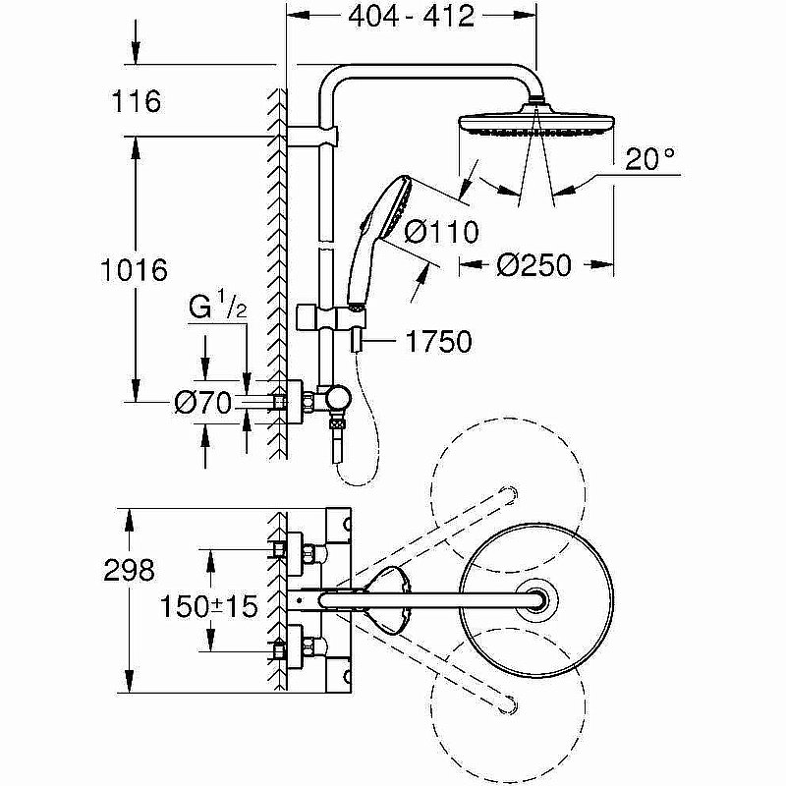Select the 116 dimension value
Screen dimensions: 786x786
pyautogui.click(x=137, y=100)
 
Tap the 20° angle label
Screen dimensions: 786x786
pyautogui.click(x=650, y=156)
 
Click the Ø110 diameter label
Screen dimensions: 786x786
pyautogui.click(x=441, y=232)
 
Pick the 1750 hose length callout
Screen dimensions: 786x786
pyautogui.click(x=438, y=341)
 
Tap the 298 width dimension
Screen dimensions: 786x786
pyautogui.click(x=130, y=570)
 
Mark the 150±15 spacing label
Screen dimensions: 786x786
pyautogui.click(x=211, y=606)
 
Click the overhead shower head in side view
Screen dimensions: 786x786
pyautogui.click(x=535, y=128)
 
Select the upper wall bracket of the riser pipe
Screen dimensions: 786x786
pyautogui.click(x=316, y=134)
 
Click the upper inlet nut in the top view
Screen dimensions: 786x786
pyautogui.click(x=285, y=550)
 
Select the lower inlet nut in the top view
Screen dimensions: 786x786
pyautogui.click(x=285, y=647)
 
